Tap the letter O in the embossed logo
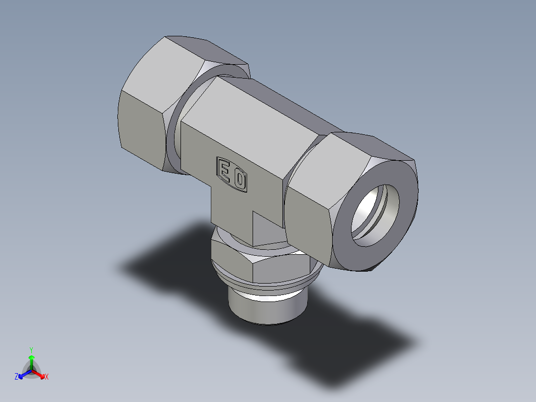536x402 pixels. coord(239,179)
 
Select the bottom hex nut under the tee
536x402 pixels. coord(273,269)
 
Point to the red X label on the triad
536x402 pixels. coord(47,377)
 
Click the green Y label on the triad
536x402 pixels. coord(31,349)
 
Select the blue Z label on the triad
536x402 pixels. coord(16,377)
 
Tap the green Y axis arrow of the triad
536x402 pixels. coord(31,360)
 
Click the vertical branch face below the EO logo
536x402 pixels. coord(231,209)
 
